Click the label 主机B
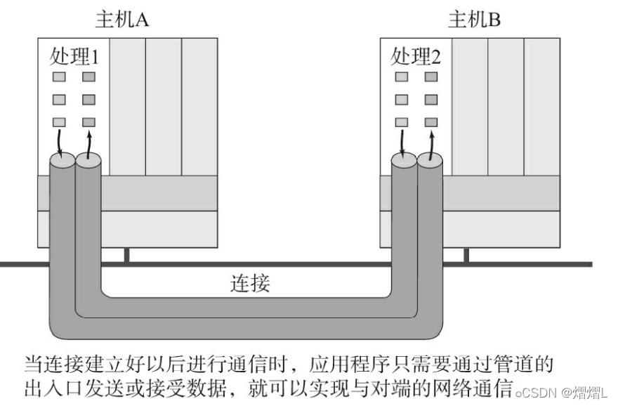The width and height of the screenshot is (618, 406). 475,19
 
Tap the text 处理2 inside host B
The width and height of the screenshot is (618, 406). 416,55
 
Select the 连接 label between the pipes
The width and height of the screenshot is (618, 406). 250,284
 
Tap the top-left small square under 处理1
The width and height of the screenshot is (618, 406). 59,77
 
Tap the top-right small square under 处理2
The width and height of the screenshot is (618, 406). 431,77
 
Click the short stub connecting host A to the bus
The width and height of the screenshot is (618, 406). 126,255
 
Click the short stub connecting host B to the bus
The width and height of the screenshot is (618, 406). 466,255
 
